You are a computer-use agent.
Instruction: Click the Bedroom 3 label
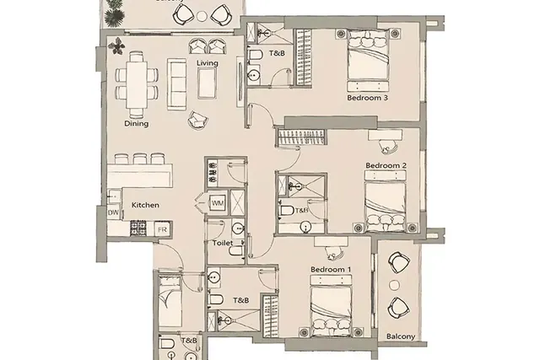click(x=367, y=98)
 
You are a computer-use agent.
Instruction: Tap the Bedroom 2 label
click(x=386, y=165)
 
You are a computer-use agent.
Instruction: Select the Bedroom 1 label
click(x=331, y=269)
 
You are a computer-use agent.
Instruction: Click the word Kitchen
click(x=145, y=205)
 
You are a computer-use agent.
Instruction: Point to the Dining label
click(x=137, y=124)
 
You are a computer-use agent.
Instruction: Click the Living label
click(x=208, y=63)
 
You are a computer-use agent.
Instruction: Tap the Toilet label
click(x=223, y=243)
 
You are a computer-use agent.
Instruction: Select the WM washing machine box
click(x=218, y=203)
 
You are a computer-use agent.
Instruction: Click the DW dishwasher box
click(x=113, y=213)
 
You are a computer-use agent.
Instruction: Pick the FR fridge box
click(x=162, y=229)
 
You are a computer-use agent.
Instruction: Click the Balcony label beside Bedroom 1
click(x=400, y=336)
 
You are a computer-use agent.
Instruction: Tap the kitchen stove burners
click(x=138, y=228)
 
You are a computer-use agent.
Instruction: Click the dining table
click(x=137, y=84)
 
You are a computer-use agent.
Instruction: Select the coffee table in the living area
click(x=208, y=83)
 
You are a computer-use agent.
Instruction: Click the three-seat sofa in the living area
click(x=176, y=84)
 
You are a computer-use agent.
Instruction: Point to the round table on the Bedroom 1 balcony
click(x=394, y=285)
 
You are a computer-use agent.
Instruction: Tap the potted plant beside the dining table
click(x=116, y=46)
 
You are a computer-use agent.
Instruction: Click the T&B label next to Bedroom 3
click(x=277, y=53)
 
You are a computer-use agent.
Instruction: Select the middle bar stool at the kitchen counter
click(x=140, y=159)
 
